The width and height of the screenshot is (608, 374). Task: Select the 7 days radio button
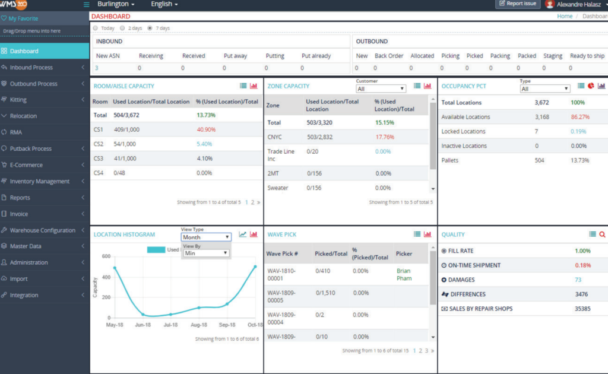pyautogui.click(x=150, y=28)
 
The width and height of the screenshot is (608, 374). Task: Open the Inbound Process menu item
pyautogui.click(x=31, y=68)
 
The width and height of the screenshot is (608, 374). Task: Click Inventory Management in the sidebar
pyautogui.click(x=40, y=182)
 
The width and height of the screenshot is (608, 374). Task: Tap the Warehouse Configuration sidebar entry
pyautogui.click(x=43, y=230)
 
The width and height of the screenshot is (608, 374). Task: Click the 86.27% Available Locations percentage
pyautogui.click(x=579, y=117)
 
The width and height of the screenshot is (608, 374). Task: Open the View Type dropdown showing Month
pyautogui.click(x=206, y=237)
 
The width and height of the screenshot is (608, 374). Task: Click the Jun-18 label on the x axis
pyautogui.click(x=142, y=325)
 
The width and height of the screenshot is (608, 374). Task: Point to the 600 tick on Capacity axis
pyautogui.click(x=105, y=256)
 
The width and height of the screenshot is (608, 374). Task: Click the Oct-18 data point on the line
pyautogui.click(x=255, y=267)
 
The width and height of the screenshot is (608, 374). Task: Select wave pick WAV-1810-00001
pyautogui.click(x=281, y=274)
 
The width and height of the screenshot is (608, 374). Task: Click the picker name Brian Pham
pyautogui.click(x=404, y=274)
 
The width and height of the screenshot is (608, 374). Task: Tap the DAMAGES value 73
pyautogui.click(x=578, y=280)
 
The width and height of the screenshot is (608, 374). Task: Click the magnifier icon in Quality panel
pyautogui.click(x=602, y=234)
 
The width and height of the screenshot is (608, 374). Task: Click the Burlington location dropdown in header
pyautogui.click(x=116, y=4)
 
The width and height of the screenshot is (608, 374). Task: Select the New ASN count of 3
pyautogui.click(x=97, y=68)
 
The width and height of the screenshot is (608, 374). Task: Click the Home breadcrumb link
pyautogui.click(x=565, y=16)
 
